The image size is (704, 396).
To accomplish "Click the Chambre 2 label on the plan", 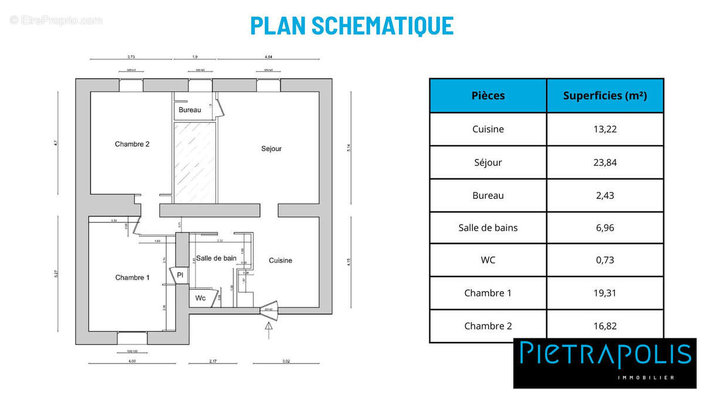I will [x=132, y=144].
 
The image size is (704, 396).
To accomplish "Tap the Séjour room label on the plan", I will [x=271, y=148].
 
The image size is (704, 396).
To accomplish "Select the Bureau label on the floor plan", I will [x=189, y=110].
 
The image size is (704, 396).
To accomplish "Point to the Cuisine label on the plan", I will [x=280, y=260].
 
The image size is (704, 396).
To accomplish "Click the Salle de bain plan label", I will [x=216, y=258].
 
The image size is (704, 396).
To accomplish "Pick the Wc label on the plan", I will [x=201, y=298].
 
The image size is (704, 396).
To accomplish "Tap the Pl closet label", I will [x=180, y=275].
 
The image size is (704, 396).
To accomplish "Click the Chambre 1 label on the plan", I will [x=132, y=277].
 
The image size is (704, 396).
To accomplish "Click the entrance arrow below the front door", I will [x=269, y=330].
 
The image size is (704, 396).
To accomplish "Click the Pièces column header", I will [x=488, y=96].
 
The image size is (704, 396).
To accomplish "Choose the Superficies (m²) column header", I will [x=605, y=96].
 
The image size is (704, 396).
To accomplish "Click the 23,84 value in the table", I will [x=605, y=163].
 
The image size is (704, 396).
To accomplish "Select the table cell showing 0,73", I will [x=605, y=260].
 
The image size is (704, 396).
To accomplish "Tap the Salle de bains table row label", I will [x=488, y=228].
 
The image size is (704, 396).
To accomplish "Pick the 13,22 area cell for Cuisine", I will [x=605, y=130].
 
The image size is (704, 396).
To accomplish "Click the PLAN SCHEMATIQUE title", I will [x=351, y=26].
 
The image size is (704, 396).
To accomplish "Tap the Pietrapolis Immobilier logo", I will [x=604, y=362].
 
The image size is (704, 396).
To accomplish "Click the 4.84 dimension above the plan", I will [x=268, y=57].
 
